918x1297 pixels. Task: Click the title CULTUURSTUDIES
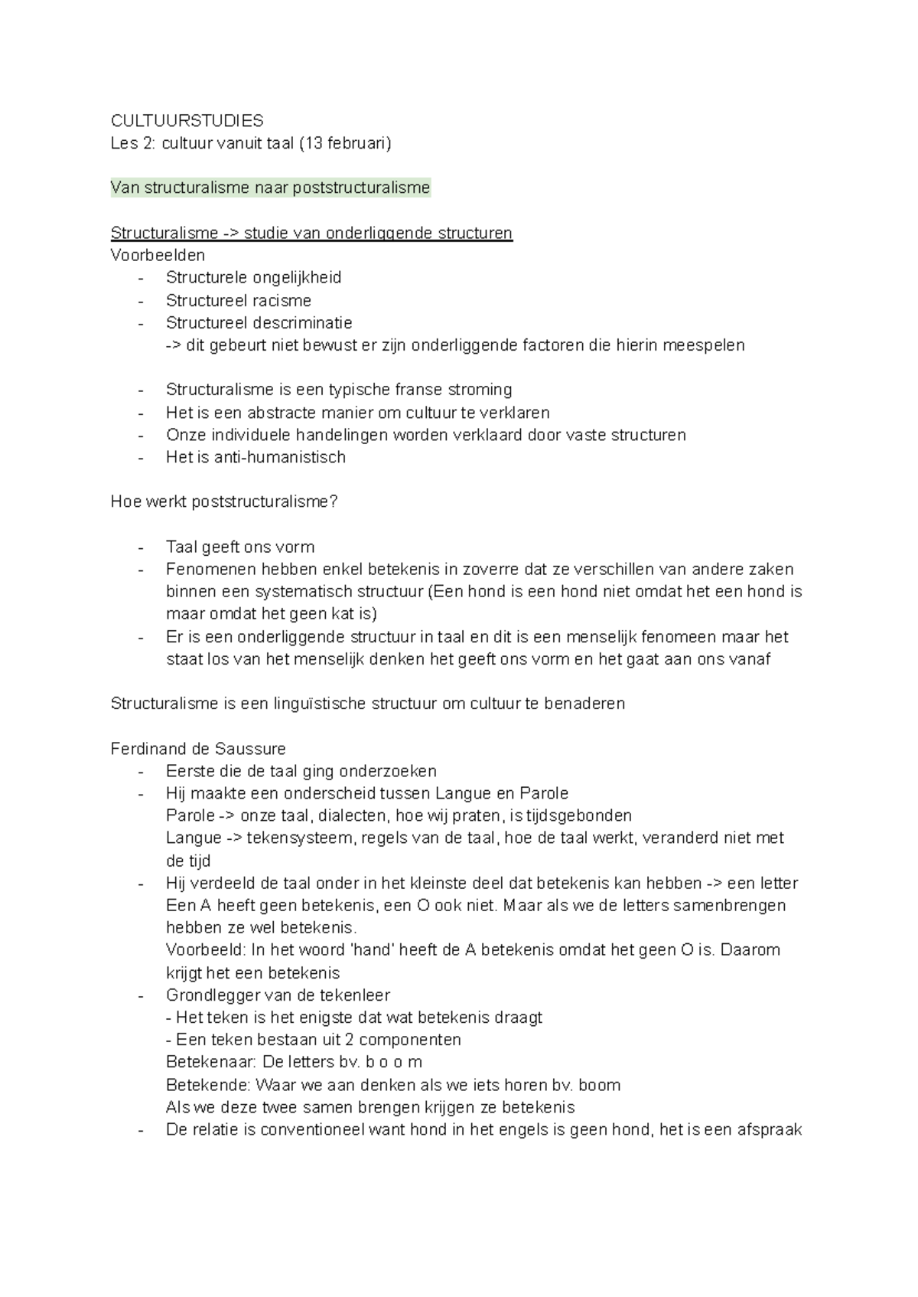coord(187,120)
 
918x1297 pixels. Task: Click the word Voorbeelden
coord(158,255)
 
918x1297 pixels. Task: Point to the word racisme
coord(282,300)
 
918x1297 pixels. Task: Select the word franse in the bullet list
coord(416,390)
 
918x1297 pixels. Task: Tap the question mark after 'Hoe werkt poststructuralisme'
coord(334,502)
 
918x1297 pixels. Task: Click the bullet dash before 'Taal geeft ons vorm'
coord(142,547)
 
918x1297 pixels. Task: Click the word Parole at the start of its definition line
coord(190,815)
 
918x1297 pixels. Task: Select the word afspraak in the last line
coord(769,1129)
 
